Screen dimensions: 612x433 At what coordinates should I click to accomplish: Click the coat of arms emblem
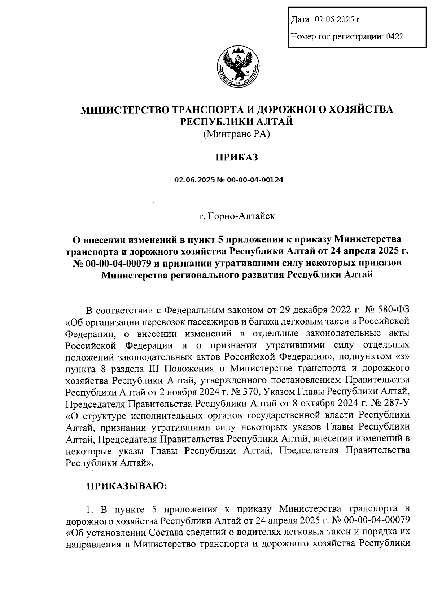pyautogui.click(x=238, y=67)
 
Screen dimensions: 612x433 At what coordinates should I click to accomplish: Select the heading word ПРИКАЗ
pyautogui.click(x=237, y=158)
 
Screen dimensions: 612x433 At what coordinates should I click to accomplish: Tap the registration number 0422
pyautogui.click(x=394, y=36)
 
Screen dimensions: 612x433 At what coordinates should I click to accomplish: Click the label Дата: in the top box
pyautogui.click(x=301, y=19)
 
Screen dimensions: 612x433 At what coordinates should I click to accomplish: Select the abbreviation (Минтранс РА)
pyautogui.click(x=237, y=134)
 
